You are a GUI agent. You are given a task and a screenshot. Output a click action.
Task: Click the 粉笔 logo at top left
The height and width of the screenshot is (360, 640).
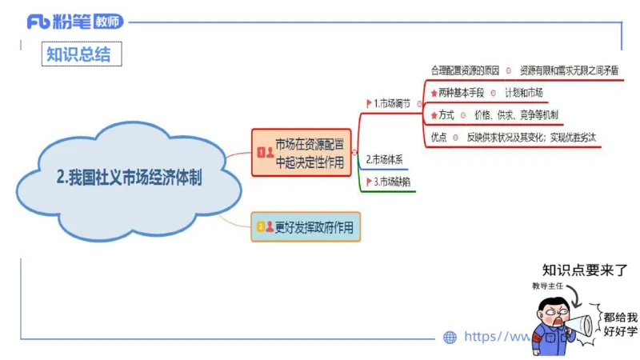click(60, 22)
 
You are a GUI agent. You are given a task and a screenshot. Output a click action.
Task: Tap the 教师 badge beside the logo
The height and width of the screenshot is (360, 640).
click(109, 22)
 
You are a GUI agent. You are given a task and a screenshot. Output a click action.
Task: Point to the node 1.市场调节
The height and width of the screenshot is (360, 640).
click(392, 103)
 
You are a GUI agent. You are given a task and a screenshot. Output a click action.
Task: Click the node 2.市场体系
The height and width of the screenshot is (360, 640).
click(384, 159)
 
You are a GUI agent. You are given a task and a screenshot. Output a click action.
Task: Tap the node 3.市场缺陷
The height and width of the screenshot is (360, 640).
click(392, 182)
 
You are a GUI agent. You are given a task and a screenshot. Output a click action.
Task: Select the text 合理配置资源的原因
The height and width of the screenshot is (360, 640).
click(465, 70)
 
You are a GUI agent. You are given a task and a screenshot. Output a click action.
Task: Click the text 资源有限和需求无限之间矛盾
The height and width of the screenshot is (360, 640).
click(569, 70)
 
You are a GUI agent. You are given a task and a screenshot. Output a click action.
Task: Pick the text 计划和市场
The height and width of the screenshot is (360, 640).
click(524, 93)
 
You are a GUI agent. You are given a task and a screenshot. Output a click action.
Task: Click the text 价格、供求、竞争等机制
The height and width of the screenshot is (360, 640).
click(516, 114)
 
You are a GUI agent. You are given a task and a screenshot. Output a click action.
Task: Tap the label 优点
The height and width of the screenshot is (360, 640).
click(438, 137)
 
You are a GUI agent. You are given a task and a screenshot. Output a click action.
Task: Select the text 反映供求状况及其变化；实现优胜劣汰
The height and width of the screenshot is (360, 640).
click(532, 137)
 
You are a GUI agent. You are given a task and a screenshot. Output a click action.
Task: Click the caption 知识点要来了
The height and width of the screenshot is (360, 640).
click(585, 270)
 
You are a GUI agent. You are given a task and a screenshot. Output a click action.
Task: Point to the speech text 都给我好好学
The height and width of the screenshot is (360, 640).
click(621, 323)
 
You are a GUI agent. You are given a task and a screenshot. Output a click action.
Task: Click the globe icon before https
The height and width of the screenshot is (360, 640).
click(450, 338)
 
